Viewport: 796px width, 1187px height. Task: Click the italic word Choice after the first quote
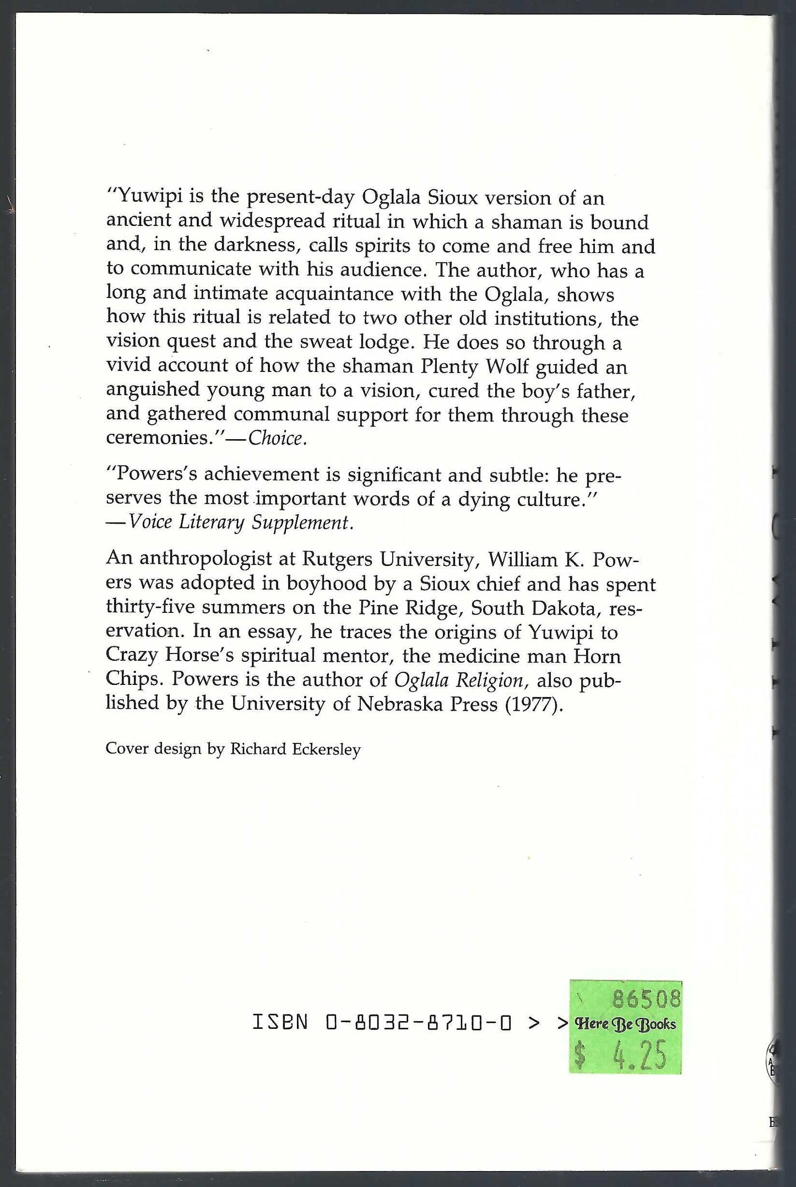pyautogui.click(x=275, y=438)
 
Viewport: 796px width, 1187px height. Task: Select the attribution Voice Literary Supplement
pyautogui.click(x=240, y=522)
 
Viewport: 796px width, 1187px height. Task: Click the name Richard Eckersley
pyautogui.click(x=295, y=749)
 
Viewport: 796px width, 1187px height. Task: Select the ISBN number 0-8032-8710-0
pyautogui.click(x=419, y=1023)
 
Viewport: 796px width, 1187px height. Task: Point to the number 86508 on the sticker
pyautogui.click(x=646, y=999)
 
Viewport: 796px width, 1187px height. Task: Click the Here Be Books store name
pyautogui.click(x=625, y=1023)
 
